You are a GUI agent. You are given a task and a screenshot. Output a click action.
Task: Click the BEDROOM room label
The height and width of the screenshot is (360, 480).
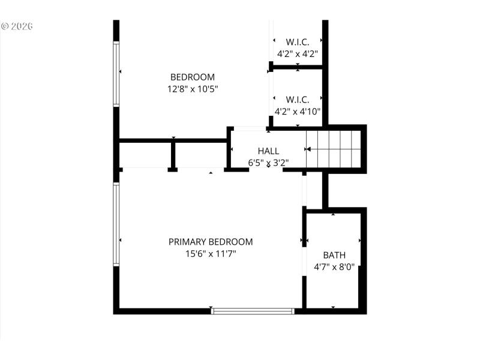[192, 77]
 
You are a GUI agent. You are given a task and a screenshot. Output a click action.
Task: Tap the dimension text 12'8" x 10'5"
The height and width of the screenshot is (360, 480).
[192, 89]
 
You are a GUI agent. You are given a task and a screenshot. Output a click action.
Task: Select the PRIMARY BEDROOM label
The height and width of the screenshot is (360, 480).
[210, 242]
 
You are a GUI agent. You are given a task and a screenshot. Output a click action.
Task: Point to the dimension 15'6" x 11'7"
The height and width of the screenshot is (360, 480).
[210, 254]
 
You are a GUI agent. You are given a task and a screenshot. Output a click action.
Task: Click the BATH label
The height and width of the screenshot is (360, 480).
[334, 255]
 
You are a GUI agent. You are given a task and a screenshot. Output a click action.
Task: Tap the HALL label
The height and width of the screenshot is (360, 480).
[268, 151]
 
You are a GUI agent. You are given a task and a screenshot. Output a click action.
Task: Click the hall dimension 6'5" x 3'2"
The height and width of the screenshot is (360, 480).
[268, 162]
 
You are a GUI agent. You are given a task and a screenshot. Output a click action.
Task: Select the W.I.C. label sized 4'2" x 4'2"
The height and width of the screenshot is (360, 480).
[297, 42]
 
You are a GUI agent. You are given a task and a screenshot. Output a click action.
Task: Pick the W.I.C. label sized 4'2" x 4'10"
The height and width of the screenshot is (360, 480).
[297, 100]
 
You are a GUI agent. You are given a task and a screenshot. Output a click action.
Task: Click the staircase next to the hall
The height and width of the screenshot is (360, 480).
[333, 149]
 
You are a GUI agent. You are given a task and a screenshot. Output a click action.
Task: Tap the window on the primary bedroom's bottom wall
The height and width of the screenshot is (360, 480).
[253, 311]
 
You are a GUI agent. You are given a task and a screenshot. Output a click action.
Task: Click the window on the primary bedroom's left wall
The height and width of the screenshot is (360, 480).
[116, 225]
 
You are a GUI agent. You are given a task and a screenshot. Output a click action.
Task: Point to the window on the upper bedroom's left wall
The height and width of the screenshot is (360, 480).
[116, 74]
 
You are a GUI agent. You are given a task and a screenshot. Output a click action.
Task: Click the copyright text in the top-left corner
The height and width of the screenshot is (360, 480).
[16, 26]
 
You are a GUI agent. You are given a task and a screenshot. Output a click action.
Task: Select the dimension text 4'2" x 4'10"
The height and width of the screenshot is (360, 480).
[297, 111]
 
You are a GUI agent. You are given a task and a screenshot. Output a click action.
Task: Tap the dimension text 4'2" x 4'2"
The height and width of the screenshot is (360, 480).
[297, 53]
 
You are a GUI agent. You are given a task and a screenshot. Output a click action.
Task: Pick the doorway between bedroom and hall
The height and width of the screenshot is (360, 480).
[250, 128]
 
